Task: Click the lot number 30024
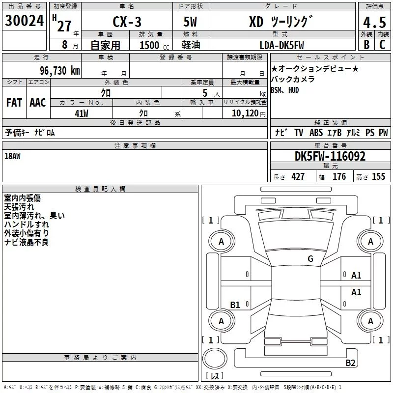[24, 21]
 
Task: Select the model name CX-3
[127, 22]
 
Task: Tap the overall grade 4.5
[374, 23]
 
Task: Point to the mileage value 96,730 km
[60, 71]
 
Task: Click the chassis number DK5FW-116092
[330, 156]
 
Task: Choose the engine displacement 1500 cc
[154, 45]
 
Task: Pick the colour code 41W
[82, 113]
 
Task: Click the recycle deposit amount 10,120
[245, 113]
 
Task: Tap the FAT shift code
[14, 103]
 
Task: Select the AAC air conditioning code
[38, 103]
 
